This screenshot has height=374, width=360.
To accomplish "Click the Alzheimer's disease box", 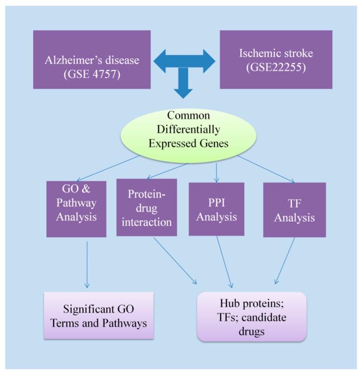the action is [x=92, y=59].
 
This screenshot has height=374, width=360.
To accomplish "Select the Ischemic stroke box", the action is [x=276, y=59].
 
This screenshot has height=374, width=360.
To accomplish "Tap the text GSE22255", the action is [x=276, y=67].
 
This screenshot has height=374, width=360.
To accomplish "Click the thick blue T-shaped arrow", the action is [x=184, y=71].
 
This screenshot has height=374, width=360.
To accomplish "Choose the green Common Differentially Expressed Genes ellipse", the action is [x=189, y=136].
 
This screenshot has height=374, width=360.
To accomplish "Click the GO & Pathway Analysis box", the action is [x=76, y=209].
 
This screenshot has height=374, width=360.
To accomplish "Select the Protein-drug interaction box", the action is [x=147, y=207].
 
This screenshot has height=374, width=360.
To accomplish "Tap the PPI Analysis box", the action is [x=217, y=209].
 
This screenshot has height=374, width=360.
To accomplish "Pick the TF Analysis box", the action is [x=295, y=210].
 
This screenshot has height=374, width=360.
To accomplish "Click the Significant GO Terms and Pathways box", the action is [x=99, y=316].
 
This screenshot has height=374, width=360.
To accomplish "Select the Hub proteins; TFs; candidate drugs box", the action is [x=252, y=317].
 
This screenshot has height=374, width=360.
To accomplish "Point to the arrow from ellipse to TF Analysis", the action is [x=266, y=169].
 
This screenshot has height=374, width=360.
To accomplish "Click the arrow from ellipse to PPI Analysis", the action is [x=217, y=173].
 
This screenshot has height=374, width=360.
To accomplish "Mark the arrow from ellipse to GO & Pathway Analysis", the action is [x=108, y=168].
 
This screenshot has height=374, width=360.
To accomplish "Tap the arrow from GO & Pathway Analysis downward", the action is [x=87, y=265].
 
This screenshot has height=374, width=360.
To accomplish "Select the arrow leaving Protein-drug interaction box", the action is [x=175, y=261].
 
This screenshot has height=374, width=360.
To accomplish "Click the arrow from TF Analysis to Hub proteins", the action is [x=285, y=261].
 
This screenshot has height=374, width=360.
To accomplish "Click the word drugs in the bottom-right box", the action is [x=252, y=332].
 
